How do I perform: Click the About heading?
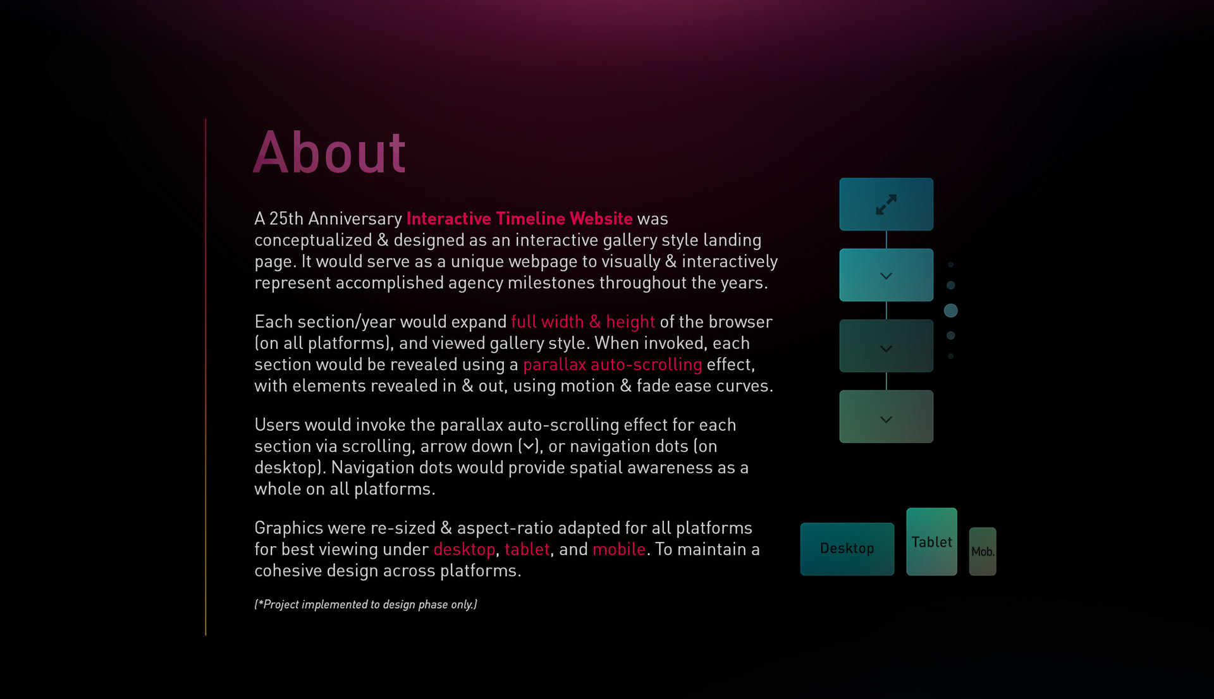[x=329, y=152]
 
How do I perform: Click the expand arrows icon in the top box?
[x=886, y=204]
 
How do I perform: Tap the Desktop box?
[x=847, y=549]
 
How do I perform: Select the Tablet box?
[x=931, y=542]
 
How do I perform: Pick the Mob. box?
[x=983, y=551]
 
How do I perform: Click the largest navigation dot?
[x=950, y=310]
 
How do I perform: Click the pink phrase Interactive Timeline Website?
[x=519, y=219]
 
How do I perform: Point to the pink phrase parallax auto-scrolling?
[x=612, y=365]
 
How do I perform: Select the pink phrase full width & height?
[x=582, y=322]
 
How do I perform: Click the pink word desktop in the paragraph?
[x=464, y=549]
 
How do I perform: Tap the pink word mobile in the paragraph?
[x=619, y=549]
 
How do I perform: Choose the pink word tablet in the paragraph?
[x=527, y=549]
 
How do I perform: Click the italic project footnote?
[x=365, y=604]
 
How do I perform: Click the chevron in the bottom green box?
[x=886, y=419]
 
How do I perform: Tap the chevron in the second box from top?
[x=886, y=276]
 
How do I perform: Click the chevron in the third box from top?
[x=886, y=348]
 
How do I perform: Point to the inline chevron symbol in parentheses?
[x=528, y=446]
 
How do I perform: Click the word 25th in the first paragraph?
[x=286, y=219]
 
